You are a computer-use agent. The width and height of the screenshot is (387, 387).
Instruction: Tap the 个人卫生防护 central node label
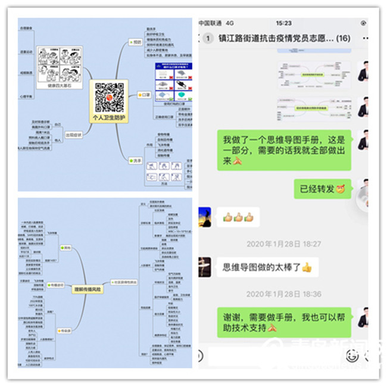pyautogui.click(x=109, y=118)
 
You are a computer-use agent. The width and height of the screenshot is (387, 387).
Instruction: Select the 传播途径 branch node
pyautogui.click(x=58, y=285)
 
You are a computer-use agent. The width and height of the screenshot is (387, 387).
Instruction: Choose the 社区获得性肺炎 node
pyautogui.click(x=124, y=282)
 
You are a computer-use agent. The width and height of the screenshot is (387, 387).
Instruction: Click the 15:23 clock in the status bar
pyautogui.click(x=283, y=23)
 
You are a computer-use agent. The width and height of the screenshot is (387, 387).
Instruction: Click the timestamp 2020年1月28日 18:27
pyautogui.click(x=283, y=244)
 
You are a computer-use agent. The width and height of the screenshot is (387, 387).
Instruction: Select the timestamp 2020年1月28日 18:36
pyautogui.click(x=283, y=294)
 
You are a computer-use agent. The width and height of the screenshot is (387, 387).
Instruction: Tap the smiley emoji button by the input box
pyautogui.click(x=352, y=356)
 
